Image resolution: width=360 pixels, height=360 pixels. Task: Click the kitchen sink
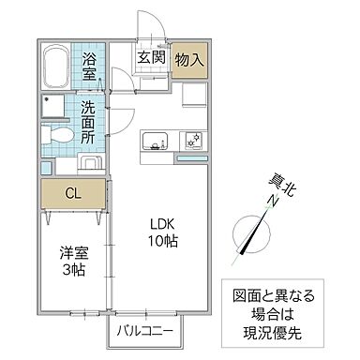(x=154, y=142)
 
